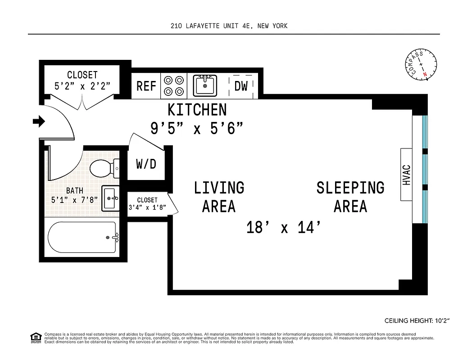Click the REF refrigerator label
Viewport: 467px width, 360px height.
click(x=146, y=86)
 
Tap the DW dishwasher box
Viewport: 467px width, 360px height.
click(x=241, y=86)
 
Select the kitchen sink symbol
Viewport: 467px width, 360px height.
click(x=205, y=85)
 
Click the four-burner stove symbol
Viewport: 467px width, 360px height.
click(x=174, y=85)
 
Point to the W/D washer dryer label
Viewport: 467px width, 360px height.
click(x=146, y=164)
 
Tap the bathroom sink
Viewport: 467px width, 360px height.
click(x=110, y=198)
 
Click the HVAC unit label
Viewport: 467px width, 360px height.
click(x=407, y=175)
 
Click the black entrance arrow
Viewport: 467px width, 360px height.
click(x=39, y=121)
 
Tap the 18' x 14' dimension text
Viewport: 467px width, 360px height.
click(x=285, y=228)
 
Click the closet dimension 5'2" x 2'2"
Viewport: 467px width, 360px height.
click(x=82, y=85)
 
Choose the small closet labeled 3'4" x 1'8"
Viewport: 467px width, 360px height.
click(x=147, y=204)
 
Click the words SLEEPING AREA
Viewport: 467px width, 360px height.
click(x=350, y=197)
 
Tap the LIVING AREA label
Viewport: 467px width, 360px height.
click(x=219, y=197)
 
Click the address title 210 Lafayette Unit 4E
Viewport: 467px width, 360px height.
click(x=229, y=26)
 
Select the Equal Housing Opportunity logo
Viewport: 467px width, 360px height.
click(x=35, y=337)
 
